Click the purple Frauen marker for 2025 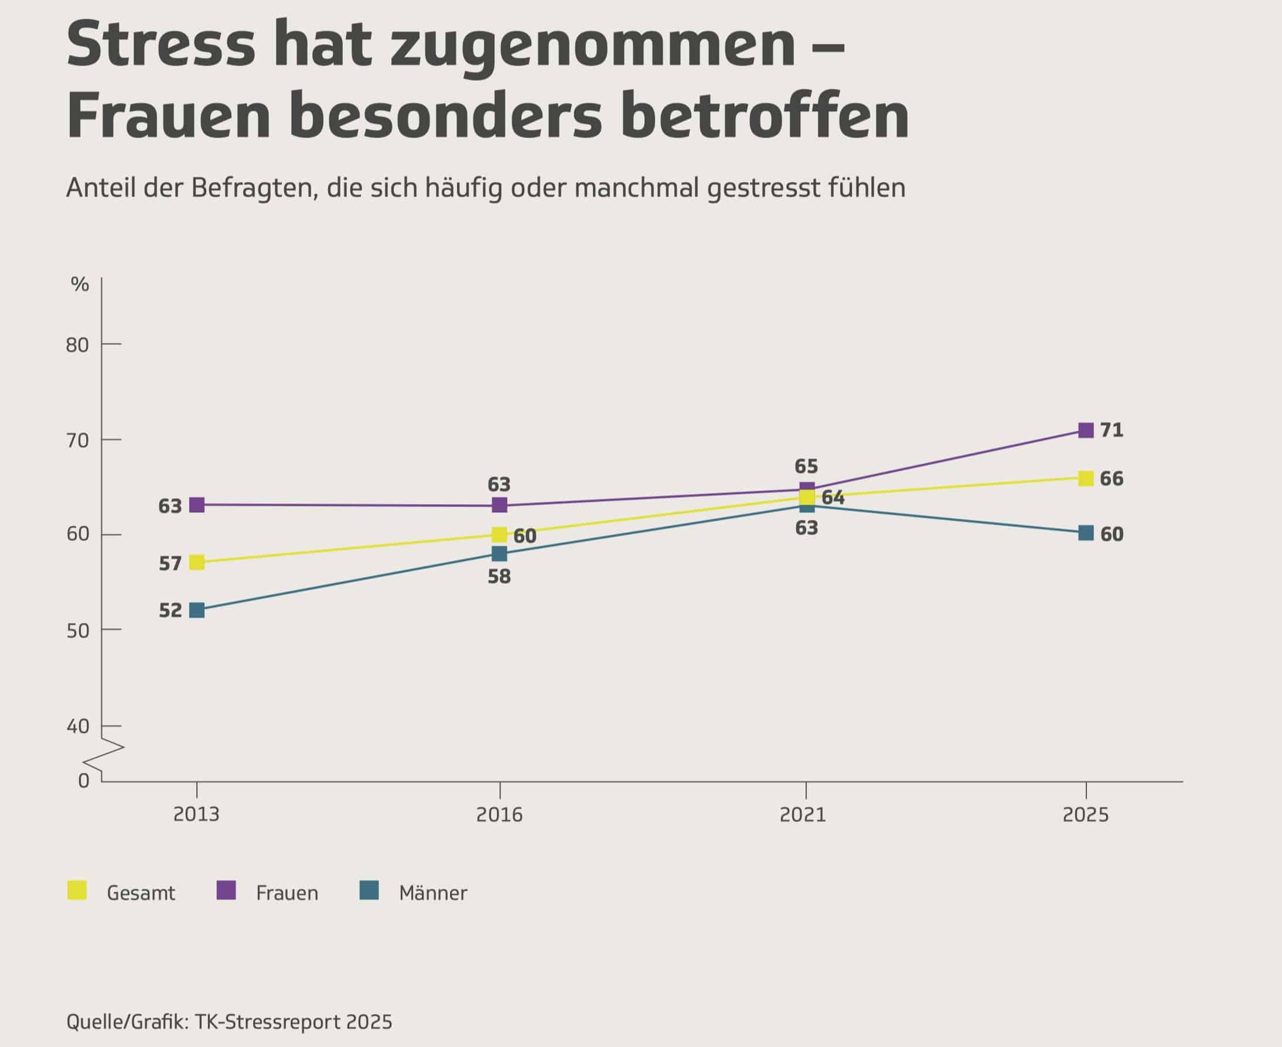click(x=1086, y=430)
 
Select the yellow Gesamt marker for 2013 click(x=197, y=562)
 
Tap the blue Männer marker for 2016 click(x=499, y=553)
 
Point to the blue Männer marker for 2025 click(x=1086, y=533)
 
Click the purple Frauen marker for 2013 click(x=197, y=505)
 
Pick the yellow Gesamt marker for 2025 click(x=1086, y=479)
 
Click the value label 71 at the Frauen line click(x=1112, y=430)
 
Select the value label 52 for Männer click(x=170, y=610)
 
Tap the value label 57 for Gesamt click(x=170, y=563)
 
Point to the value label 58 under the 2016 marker click(x=499, y=577)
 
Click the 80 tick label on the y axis click(x=77, y=345)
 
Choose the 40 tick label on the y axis click(x=77, y=726)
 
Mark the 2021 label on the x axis click(x=803, y=815)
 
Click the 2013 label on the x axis click(x=196, y=815)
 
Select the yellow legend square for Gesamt click(x=77, y=890)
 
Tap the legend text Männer click(x=433, y=893)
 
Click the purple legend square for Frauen click(x=226, y=890)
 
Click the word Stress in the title click(x=161, y=46)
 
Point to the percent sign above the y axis click(x=80, y=284)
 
